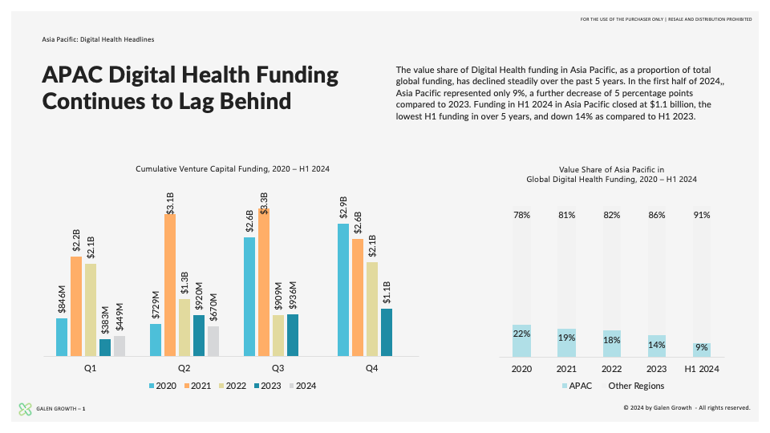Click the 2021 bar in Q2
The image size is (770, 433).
coord(170,285)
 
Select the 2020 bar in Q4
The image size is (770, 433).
coord(343,290)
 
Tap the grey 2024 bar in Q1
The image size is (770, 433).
coord(120,346)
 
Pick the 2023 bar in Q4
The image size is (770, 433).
coord(387,332)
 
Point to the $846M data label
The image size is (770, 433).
coord(62,299)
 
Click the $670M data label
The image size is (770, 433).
coord(213,307)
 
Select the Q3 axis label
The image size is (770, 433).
coord(278,368)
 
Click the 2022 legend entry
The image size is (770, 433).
coord(233,386)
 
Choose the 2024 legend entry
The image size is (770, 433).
coord(302,386)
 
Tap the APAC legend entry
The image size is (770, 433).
coord(577,386)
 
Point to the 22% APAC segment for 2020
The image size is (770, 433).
coord(521,341)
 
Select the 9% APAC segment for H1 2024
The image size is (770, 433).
coord(702,350)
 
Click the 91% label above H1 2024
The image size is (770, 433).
coord(702,215)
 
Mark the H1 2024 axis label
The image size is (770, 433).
coord(702,369)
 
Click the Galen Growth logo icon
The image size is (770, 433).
coord(25,409)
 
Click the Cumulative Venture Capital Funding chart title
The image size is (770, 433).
coord(233,169)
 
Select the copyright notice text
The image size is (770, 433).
coord(687,407)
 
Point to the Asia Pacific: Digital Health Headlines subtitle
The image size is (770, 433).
coord(98,39)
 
